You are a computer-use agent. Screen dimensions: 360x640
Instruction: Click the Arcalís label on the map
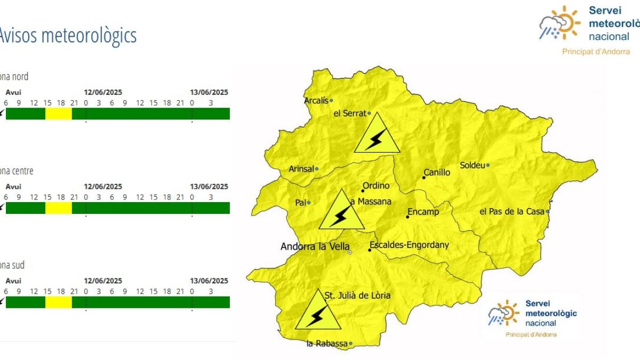coord(316,100)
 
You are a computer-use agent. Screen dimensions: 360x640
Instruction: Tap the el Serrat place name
coord(350,113)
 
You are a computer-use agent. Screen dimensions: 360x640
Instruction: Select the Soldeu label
coord(473,165)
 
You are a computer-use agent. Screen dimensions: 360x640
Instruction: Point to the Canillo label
coord(437,173)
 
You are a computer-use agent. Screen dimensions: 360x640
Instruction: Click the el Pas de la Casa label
coord(512,212)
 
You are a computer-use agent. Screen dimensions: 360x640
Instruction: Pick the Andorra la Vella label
coord(315,247)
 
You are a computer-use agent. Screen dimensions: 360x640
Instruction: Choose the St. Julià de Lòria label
coord(357,295)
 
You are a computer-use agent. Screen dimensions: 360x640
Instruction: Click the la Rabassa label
coord(327,344)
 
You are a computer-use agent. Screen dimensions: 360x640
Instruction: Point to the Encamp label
coord(423,212)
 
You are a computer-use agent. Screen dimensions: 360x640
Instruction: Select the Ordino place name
coord(376,186)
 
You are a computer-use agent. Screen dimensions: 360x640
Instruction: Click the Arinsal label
coord(301,169)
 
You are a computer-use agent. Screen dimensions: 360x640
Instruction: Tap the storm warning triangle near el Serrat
coord(377,134)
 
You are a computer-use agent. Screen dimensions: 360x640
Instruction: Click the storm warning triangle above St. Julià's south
coord(318,311)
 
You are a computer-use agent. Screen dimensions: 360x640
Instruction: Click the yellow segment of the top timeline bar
coord(59,114)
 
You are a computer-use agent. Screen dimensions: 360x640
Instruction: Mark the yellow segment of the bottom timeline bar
coord(59,302)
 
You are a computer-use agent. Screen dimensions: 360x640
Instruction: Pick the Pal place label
coord(300,203)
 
